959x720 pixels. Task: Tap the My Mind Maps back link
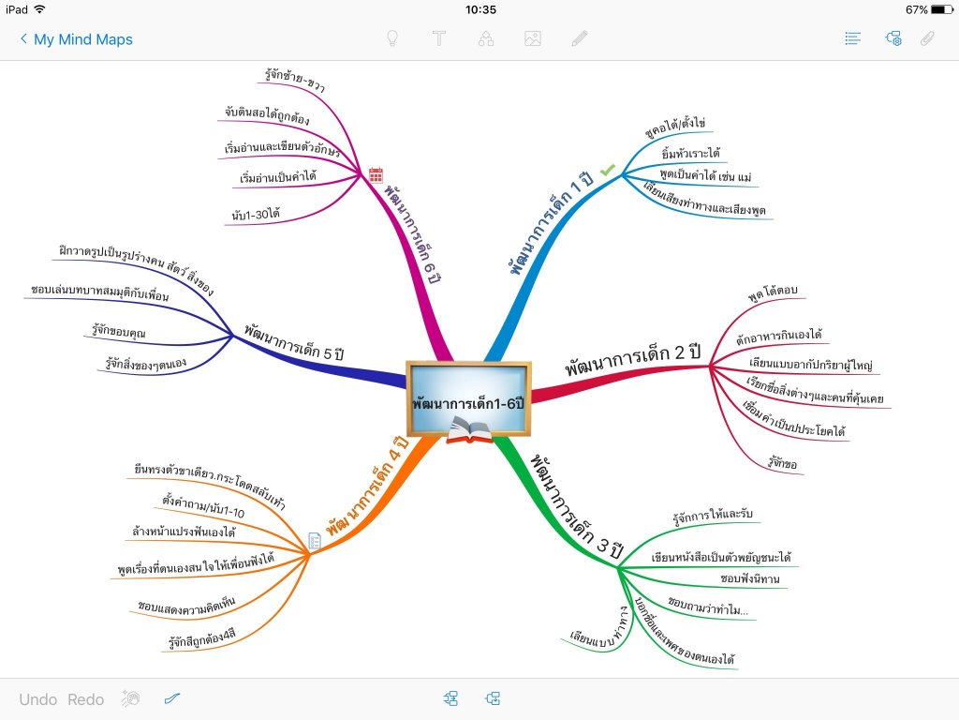(77, 39)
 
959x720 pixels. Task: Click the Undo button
(38, 699)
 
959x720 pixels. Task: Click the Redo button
(86, 699)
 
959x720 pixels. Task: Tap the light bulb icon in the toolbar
(393, 39)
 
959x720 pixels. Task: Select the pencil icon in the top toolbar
(580, 39)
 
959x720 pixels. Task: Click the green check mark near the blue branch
(608, 170)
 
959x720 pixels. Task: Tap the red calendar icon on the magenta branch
(376, 174)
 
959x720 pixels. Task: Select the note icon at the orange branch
(316, 541)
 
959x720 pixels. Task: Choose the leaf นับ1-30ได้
(256, 214)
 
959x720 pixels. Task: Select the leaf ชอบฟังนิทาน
(749, 577)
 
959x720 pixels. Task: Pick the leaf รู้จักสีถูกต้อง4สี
(201, 641)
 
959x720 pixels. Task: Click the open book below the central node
(469, 432)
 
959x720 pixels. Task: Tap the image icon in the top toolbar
(533, 39)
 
